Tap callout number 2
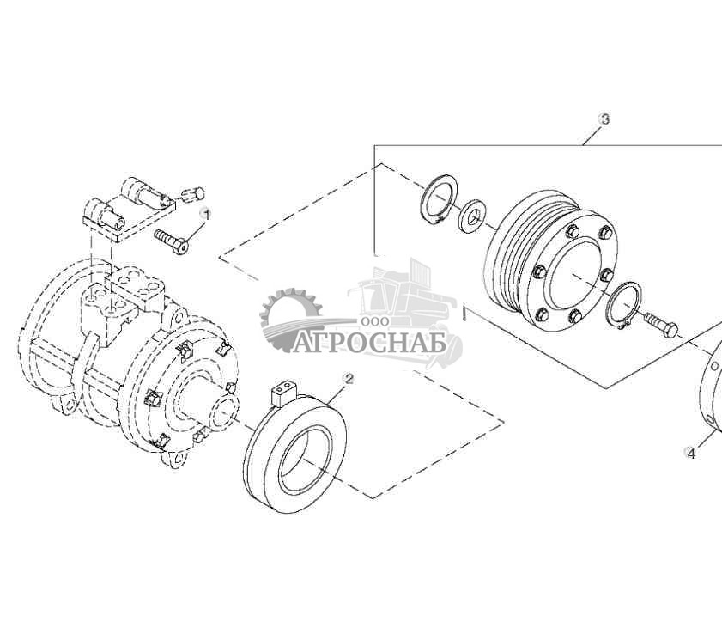coord(348,378)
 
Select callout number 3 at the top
coord(604,119)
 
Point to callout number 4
coord(690,453)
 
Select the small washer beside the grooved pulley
coord(471,216)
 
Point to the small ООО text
coord(375,320)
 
